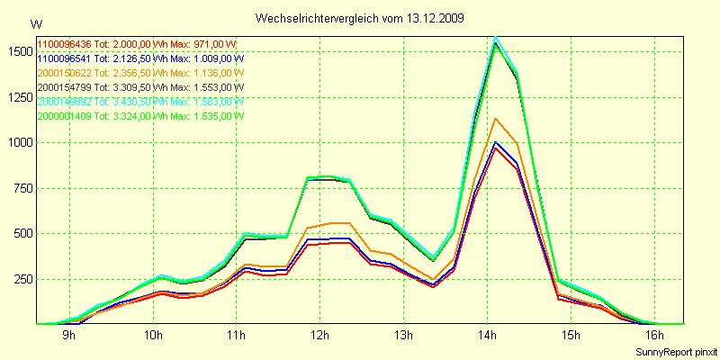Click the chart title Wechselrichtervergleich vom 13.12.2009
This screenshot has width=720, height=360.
point(360,18)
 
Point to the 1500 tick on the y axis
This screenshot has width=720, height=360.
point(17,51)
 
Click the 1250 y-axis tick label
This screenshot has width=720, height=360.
point(17,97)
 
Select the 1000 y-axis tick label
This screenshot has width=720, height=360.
point(17,142)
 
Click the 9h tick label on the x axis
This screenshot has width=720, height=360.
point(69,336)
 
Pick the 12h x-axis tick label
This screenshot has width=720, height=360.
point(319,336)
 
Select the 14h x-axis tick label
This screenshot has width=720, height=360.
point(487,336)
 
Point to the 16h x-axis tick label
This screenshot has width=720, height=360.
point(653,336)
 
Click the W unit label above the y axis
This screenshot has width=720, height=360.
point(35,23)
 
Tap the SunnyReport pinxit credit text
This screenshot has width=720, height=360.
point(676,350)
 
